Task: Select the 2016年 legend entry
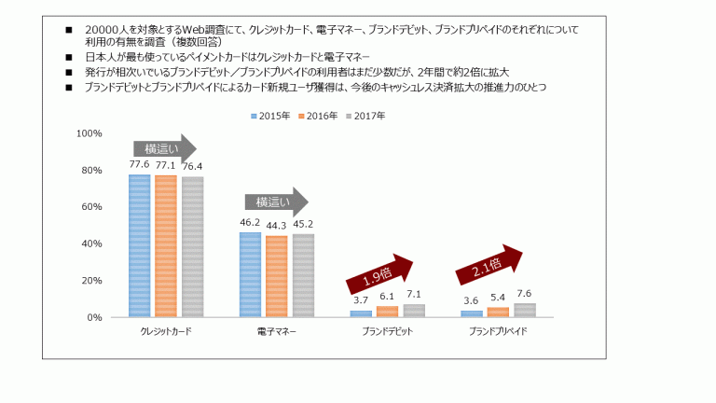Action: pyautogui.click(x=321, y=116)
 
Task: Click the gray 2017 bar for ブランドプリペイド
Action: pyautogui.click(x=525, y=310)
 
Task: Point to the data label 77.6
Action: pyautogui.click(x=139, y=164)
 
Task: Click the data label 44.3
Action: pyautogui.click(x=276, y=226)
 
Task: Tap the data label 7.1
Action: pyautogui.click(x=414, y=295)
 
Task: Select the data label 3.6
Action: pyautogui.click(x=471, y=300)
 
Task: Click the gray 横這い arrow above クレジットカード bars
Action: pyautogui.click(x=164, y=148)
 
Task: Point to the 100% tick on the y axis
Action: pyautogui.click(x=89, y=133)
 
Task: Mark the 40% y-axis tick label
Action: pyautogui.click(x=91, y=243)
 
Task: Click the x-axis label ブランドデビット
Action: pyautogui.click(x=388, y=331)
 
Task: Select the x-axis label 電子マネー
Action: pyautogui.click(x=276, y=331)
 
